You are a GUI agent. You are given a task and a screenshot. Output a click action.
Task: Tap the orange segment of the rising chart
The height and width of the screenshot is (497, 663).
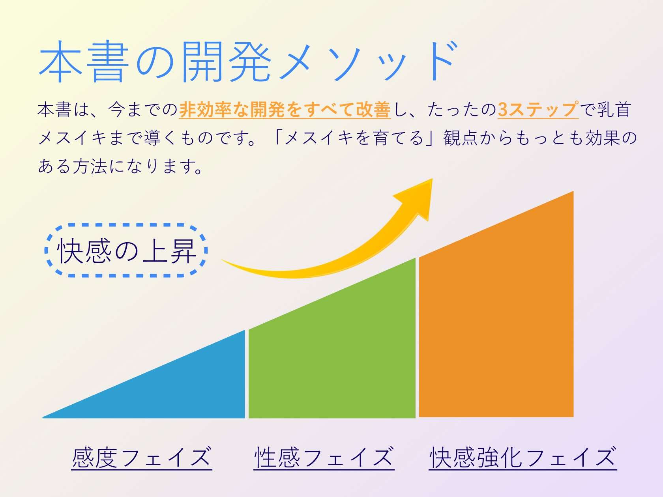(x=496, y=317)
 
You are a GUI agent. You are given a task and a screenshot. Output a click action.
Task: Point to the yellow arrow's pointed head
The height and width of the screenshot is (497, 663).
(x=432, y=179)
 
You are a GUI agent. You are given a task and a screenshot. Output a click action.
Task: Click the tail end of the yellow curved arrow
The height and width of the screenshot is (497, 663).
(x=222, y=259)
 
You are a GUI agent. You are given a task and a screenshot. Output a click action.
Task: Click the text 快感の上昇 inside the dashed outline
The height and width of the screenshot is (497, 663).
(x=127, y=251)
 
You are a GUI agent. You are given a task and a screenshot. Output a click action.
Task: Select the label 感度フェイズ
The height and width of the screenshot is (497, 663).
(x=142, y=458)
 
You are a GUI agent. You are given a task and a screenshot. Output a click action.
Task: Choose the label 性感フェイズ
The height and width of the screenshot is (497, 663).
(x=324, y=458)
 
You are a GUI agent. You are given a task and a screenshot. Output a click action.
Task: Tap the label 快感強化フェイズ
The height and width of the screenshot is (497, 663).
(x=523, y=458)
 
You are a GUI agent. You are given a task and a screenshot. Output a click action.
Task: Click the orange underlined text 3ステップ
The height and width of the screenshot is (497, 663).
(x=538, y=109)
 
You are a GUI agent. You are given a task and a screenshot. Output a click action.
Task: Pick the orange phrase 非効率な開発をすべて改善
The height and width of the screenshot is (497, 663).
(x=285, y=109)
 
